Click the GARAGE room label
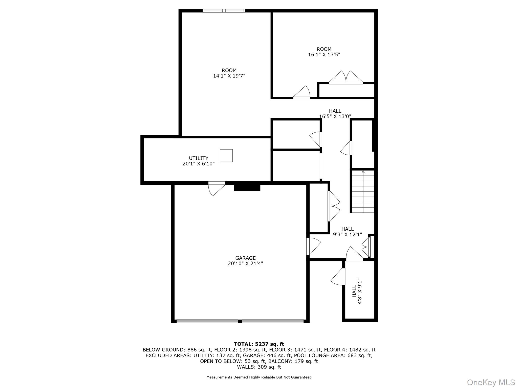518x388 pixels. click(245, 258)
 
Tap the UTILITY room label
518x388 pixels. click(199, 158)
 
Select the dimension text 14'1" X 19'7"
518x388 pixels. click(229, 76)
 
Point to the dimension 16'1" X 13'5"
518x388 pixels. click(324, 55)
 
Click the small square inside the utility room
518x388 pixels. click(226, 155)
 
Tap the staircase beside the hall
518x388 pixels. click(363, 191)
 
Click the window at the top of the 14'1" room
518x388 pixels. click(224, 11)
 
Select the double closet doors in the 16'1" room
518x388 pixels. click(346, 78)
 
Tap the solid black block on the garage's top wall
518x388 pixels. click(247, 187)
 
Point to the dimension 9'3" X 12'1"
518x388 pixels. click(347, 234)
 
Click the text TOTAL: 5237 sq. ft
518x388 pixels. click(259, 344)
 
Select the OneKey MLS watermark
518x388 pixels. click(491, 382)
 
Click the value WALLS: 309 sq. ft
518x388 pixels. click(259, 367)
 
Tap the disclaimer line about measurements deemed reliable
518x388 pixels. click(259, 377)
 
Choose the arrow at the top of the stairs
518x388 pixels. click(363, 172)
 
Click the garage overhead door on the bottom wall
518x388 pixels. click(240, 321)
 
